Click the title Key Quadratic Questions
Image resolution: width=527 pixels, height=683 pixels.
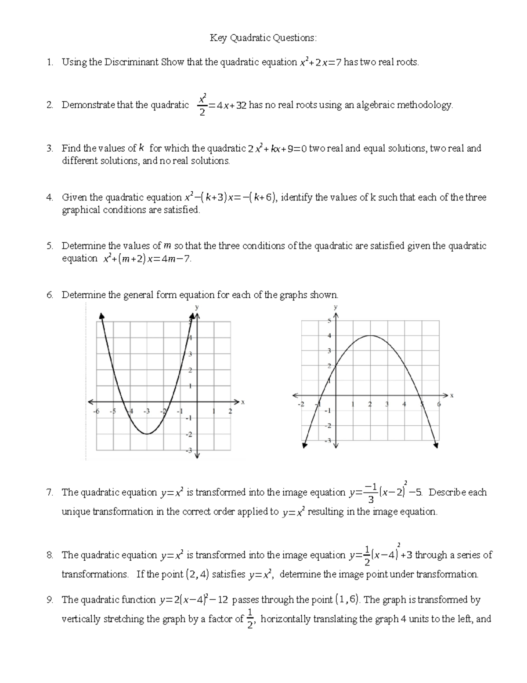pos(263,38)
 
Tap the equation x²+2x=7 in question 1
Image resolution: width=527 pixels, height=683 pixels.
pos(320,62)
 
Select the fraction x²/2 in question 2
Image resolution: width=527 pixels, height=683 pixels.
pos(202,105)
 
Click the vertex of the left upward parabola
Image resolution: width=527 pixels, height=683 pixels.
pos(148,434)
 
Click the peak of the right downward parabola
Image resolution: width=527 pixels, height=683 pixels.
pos(370,336)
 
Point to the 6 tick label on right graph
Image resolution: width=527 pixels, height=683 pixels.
pos(439,404)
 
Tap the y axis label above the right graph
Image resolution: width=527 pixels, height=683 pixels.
pos(336,307)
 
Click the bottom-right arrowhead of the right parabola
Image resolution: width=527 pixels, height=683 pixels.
pos(436,446)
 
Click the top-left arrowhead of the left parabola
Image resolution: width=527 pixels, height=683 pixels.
pos(102,315)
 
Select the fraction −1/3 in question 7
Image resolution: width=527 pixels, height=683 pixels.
pos(371,493)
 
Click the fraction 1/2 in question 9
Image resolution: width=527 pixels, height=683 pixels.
pos(250,619)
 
